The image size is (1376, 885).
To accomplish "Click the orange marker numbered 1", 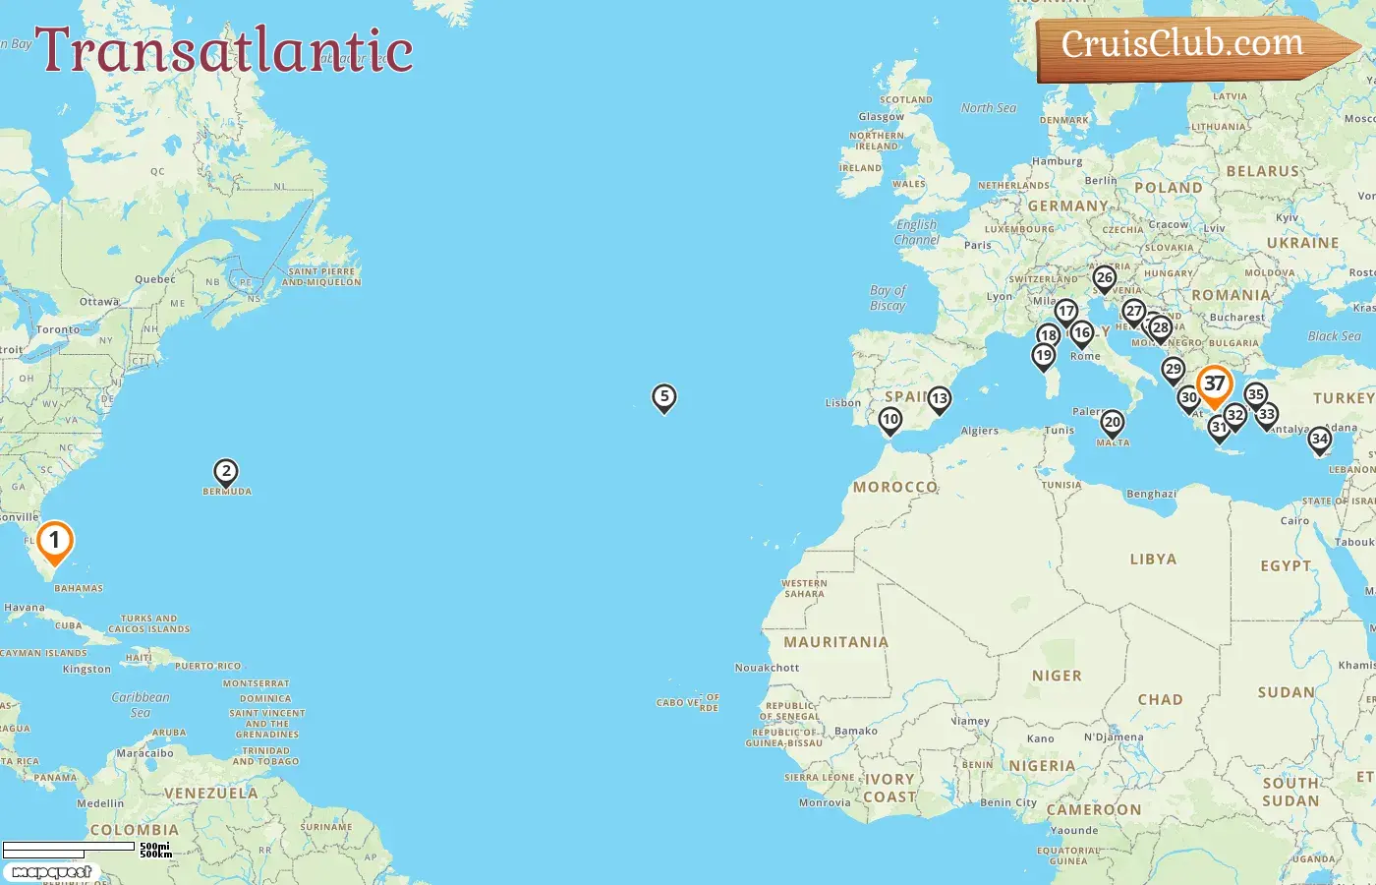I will [55, 541].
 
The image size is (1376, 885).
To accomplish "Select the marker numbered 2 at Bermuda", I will [226, 472].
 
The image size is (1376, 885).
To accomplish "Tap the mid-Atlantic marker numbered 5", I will [664, 397].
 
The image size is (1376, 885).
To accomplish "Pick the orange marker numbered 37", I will [1215, 384].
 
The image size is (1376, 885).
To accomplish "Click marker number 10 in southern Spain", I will [890, 421].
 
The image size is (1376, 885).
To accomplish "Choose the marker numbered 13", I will [940, 398].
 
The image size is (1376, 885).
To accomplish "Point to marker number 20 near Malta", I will [1112, 423].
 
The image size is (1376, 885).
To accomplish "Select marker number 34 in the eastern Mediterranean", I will [1320, 440].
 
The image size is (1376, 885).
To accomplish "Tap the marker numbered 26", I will [1105, 278].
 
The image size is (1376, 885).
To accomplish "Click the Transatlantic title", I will [224, 51].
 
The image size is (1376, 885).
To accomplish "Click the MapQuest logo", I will [52, 872].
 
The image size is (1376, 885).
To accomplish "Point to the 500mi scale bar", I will [69, 847].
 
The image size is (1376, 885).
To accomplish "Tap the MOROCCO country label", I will [894, 487].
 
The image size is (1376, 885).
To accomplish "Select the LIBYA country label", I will [1153, 559].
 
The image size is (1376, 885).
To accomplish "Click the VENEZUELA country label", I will [210, 793].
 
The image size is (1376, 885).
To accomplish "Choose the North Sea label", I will [989, 108].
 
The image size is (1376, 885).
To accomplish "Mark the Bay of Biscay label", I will [888, 298].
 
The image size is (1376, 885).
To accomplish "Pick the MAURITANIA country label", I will [835, 642].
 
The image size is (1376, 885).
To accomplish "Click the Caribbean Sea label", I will [141, 704].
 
